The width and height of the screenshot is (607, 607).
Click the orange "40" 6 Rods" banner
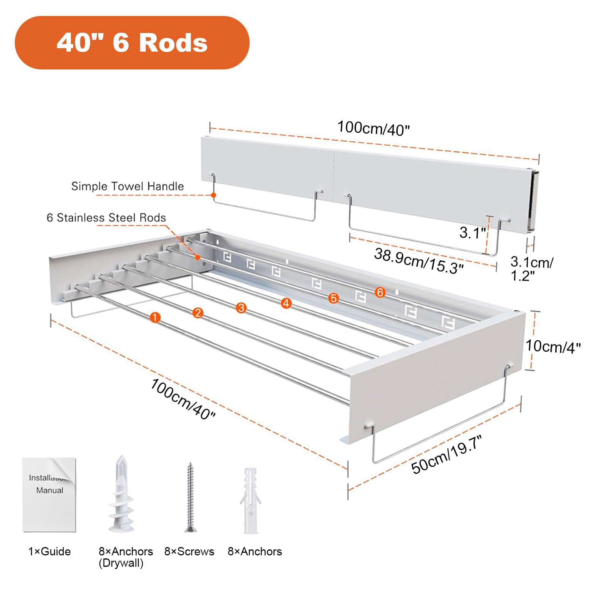(132, 42)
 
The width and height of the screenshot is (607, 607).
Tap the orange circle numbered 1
(155, 318)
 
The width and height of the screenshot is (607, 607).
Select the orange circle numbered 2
(198, 313)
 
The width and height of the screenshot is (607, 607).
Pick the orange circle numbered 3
(241, 308)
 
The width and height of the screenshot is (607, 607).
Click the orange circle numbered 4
(286, 303)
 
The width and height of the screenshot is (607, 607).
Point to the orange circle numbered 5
(333, 298)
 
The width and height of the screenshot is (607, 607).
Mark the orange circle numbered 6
(380, 292)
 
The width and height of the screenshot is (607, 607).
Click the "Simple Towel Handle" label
(127, 186)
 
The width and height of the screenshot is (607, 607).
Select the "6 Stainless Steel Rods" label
(106, 218)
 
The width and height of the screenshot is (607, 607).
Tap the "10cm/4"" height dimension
(553, 346)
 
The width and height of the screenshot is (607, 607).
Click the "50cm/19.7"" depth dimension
(447, 454)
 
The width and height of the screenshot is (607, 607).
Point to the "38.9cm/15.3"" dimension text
(419, 261)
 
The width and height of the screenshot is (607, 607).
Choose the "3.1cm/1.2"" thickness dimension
(532, 269)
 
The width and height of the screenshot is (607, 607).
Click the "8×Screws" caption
(189, 552)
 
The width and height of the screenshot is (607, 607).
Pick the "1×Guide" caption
(50, 552)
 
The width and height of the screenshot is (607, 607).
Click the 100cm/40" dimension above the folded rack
(374, 128)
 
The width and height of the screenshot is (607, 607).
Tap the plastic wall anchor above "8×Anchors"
(251, 501)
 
